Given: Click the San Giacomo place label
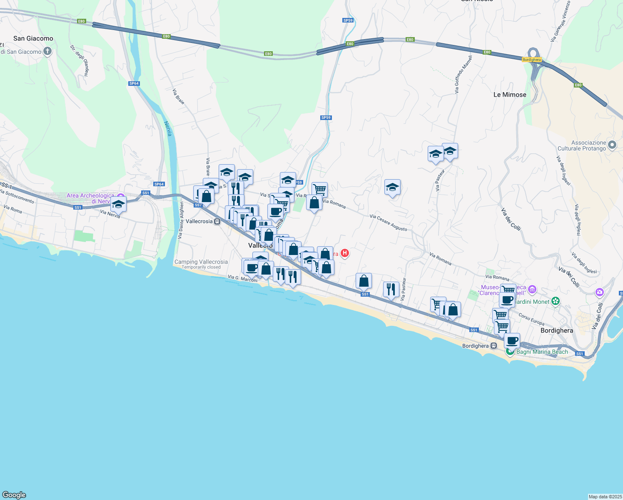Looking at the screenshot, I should (x=33, y=38).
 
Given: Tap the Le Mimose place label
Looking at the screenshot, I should (x=510, y=95).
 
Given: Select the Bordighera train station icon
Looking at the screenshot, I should (x=493, y=346).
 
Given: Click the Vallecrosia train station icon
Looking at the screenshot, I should (x=217, y=222).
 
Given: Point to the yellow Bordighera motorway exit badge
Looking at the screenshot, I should (x=531, y=60).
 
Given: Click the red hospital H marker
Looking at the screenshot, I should (x=344, y=253).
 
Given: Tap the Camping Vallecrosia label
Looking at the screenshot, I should (x=201, y=262).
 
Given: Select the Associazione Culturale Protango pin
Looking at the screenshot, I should (x=612, y=145).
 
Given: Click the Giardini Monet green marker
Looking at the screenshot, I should (x=555, y=301).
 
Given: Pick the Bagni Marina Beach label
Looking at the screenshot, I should (x=542, y=352).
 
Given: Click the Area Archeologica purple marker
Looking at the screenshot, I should (x=121, y=196).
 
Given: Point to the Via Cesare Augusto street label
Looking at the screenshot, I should (x=388, y=223).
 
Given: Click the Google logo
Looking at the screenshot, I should (x=14, y=495).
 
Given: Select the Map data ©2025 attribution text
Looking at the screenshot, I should (x=605, y=497).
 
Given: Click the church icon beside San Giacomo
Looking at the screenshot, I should (x=47, y=51).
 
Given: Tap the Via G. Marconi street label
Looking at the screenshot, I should (x=243, y=278).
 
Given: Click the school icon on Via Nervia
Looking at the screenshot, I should (x=118, y=205).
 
